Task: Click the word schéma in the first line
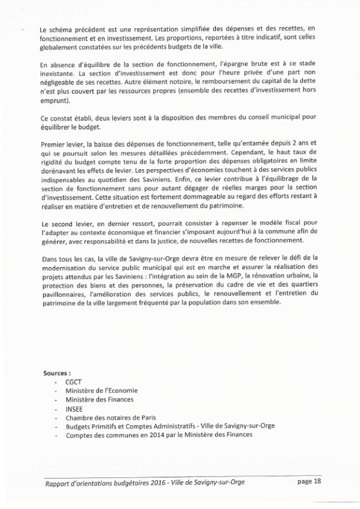(x=62, y=29)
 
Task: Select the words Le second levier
(x=68, y=222)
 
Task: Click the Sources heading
(x=57, y=373)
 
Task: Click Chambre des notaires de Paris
(x=111, y=417)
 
